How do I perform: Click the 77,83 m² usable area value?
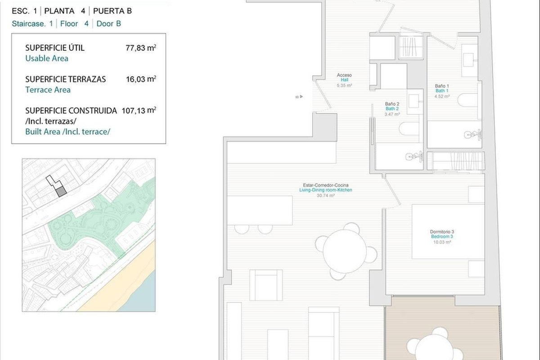141,48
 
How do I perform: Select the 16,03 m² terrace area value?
141,79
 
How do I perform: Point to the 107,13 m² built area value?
139,110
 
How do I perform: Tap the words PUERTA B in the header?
112,11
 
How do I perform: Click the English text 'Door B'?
109,24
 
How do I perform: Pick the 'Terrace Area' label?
48,90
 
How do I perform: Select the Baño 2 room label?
392,104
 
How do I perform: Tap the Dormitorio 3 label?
442,232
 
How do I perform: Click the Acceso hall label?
344,75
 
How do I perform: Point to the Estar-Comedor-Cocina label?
325,185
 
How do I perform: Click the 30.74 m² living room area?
325,196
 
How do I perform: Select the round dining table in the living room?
345,252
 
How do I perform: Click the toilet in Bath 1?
468,100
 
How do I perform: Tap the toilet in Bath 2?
409,129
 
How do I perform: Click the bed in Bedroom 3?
448,231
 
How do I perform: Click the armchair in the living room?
266,285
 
